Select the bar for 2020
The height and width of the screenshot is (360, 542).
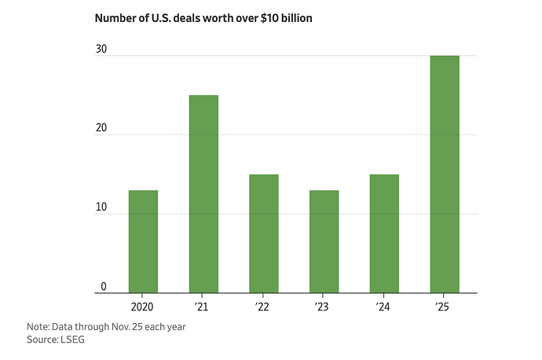click(x=143, y=241)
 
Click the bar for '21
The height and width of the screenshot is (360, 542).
click(x=203, y=193)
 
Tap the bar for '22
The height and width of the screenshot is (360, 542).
click(x=264, y=233)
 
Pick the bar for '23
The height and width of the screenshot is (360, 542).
click(x=324, y=241)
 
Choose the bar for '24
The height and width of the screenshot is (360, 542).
click(x=384, y=233)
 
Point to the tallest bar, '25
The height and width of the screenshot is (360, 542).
click(x=445, y=174)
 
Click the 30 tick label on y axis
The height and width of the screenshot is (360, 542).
click(x=101, y=49)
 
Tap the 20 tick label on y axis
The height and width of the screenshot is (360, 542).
click(x=101, y=128)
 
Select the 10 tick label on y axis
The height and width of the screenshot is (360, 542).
click(x=101, y=208)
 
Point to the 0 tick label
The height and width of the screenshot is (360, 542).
click(x=103, y=287)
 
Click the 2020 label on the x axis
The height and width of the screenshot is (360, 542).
click(x=143, y=305)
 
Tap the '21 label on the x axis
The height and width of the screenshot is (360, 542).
click(x=203, y=305)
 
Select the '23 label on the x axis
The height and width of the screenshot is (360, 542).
click(x=324, y=305)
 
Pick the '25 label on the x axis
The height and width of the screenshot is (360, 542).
click(x=445, y=305)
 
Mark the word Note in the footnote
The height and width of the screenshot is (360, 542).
click(x=38, y=326)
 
